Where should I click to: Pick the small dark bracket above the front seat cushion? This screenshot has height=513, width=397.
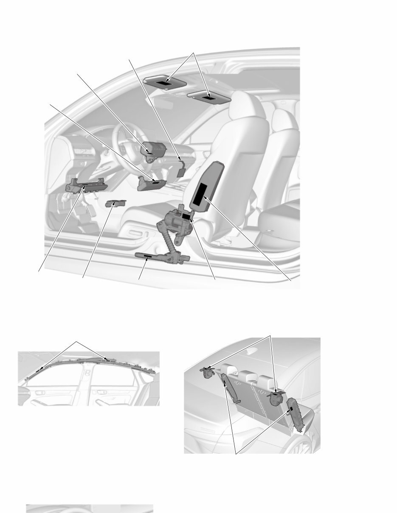pyautogui.click(x=115, y=203)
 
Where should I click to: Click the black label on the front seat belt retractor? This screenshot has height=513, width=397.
pyautogui.click(x=186, y=216)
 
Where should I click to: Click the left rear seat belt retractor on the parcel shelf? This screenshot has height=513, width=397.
pyautogui.click(x=208, y=372)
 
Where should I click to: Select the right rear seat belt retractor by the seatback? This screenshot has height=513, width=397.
pyautogui.click(x=276, y=397)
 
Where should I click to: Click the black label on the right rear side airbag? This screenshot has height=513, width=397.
pyautogui.click(x=292, y=409)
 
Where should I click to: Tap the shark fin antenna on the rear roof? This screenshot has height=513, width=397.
pyautogui.click(x=253, y=351)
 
